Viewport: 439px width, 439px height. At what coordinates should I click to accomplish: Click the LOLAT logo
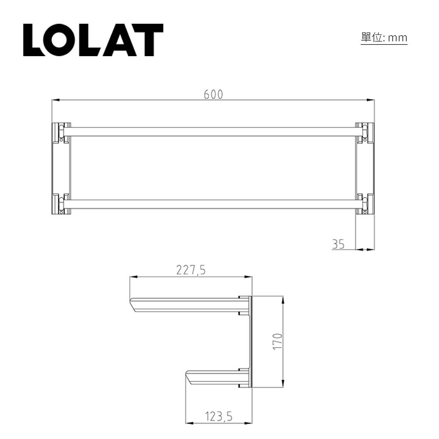[93, 40]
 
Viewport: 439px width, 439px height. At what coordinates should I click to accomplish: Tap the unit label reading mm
[384, 38]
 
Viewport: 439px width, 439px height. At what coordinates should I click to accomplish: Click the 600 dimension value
[213, 94]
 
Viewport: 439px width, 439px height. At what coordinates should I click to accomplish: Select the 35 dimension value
[338, 244]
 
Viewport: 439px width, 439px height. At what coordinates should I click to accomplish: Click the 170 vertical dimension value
[277, 341]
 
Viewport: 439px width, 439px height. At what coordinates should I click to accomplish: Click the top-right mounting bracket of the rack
[364, 133]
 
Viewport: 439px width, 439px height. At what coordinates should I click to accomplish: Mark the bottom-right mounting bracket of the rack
[364, 204]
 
